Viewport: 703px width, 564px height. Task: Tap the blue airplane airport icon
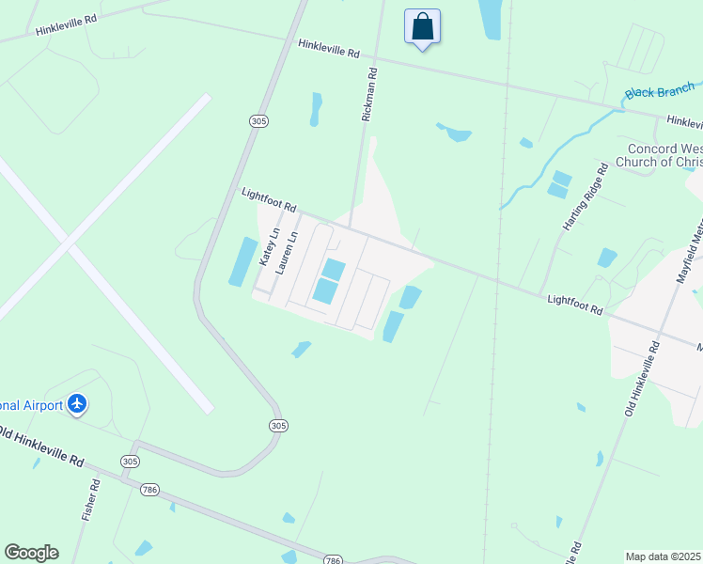[77, 404]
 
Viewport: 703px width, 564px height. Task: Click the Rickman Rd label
[369, 93]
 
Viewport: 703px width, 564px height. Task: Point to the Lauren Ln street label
[292, 252]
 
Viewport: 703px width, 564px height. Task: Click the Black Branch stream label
[660, 89]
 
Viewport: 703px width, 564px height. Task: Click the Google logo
[31, 553]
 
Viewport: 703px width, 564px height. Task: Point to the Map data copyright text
[663, 556]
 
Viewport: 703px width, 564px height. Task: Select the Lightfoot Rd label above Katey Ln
[269, 198]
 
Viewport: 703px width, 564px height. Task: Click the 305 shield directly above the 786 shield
[130, 462]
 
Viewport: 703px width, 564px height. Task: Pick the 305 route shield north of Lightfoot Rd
[260, 120]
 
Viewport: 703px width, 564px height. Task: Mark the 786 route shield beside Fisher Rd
[149, 490]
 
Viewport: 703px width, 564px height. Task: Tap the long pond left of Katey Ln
[242, 261]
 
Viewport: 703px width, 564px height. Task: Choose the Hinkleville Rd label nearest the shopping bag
[329, 49]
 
